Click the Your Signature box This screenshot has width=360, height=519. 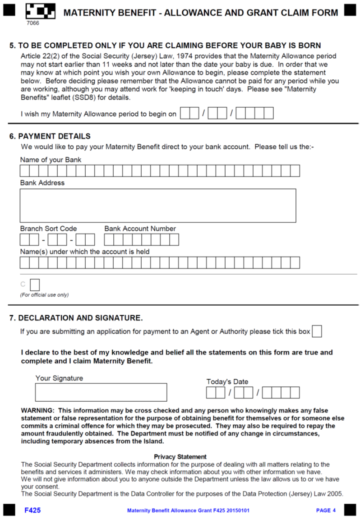coord(101,392)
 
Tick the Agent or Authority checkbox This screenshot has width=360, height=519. coord(317,331)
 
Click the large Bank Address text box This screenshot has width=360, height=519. coord(158,205)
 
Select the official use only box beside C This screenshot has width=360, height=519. coord(35,285)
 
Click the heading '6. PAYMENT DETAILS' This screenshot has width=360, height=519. coord(50,136)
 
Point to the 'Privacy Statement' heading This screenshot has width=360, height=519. coord(180,457)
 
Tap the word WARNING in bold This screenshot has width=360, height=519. coord(37,410)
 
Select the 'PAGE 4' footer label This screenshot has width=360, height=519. coord(326,510)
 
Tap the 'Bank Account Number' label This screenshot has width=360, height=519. coord(140,229)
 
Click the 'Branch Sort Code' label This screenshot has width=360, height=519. coord(48,229)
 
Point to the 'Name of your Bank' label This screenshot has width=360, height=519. coord(51,160)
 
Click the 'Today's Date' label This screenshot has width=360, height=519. coord(227,381)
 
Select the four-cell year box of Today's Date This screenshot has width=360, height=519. coord(281,393)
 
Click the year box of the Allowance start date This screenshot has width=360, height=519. coord(254,114)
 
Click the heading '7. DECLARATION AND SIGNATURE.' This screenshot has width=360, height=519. coord(76,318)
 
